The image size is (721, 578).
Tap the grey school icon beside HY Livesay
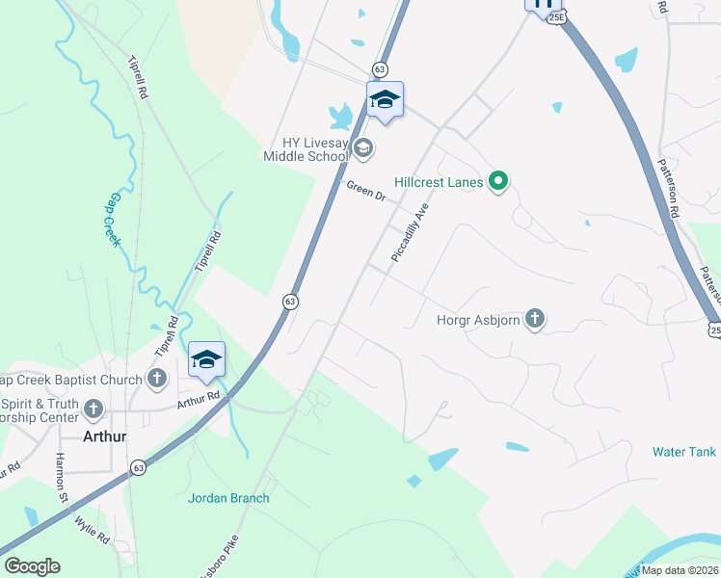coord(363,147)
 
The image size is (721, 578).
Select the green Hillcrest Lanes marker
coord(498,180)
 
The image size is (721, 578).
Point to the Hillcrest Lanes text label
coord(439,181)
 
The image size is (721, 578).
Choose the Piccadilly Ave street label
coord(409,233)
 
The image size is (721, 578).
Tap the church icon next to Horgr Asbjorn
coord(536,319)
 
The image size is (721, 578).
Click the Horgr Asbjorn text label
coord(479,319)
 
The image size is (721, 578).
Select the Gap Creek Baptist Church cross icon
coord(158,379)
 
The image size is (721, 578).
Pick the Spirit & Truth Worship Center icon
coord(93,408)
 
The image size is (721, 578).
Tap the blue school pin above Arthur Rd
coord(206,360)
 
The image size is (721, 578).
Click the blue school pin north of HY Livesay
coord(385,99)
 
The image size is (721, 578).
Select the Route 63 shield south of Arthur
coord(139,467)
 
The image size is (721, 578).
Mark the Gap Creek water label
coord(115,220)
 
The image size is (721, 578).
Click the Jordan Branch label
coord(228,498)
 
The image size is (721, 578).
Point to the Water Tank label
coord(684,451)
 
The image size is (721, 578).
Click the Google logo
coord(32,566)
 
